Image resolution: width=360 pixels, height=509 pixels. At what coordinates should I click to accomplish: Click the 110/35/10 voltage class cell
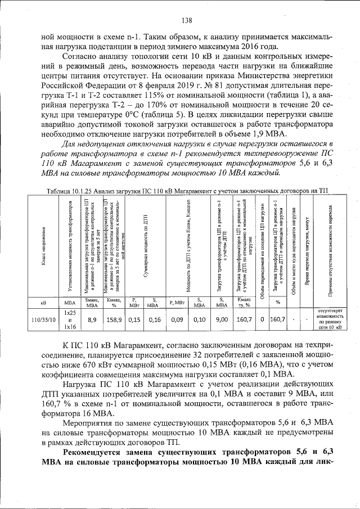pyautogui.click(x=43, y=319)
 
